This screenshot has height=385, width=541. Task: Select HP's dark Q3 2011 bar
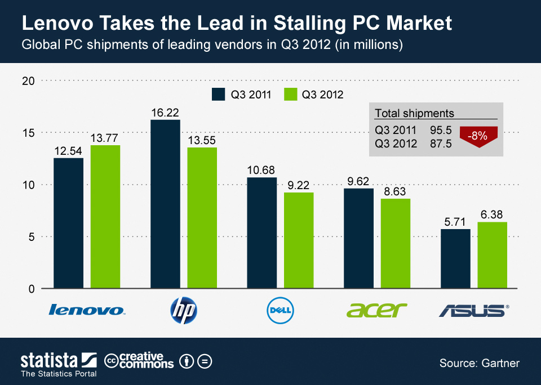165,204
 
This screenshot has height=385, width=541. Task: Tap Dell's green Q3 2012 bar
299,240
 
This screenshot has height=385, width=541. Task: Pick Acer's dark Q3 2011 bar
358,238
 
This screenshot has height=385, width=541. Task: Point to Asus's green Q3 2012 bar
492,255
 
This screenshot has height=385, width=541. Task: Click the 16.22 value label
165,113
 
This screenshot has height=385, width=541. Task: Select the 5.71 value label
455,222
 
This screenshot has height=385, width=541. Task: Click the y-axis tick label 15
29,133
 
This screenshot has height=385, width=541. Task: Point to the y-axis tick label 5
32,237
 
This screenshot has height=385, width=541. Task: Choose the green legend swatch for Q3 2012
291,94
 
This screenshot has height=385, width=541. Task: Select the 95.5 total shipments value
441,131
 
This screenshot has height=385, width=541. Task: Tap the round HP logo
184,310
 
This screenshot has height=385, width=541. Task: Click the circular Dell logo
281,310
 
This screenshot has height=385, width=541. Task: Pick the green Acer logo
376,310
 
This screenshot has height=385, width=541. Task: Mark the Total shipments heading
414,114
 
